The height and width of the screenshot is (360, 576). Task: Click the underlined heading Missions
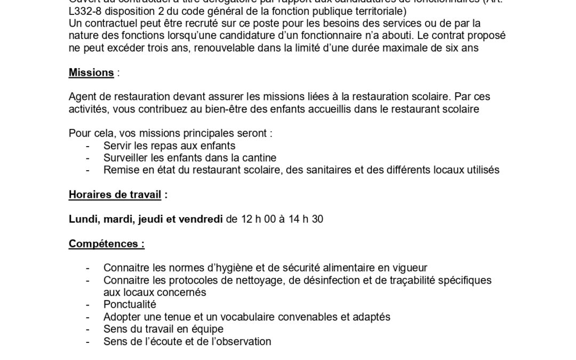tap(91, 73)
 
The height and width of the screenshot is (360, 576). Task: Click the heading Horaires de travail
tap(115, 195)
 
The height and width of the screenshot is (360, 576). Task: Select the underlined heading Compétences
tap(107, 244)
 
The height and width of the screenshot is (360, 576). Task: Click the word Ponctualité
tap(130, 305)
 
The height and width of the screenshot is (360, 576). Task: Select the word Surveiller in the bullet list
tap(126, 158)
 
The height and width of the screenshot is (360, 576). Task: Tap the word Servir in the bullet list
tap(117, 146)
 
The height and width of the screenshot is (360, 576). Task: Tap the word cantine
tap(259, 158)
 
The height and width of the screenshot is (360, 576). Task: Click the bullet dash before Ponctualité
tap(87, 305)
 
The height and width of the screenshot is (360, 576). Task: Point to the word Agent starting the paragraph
tap(82, 97)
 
